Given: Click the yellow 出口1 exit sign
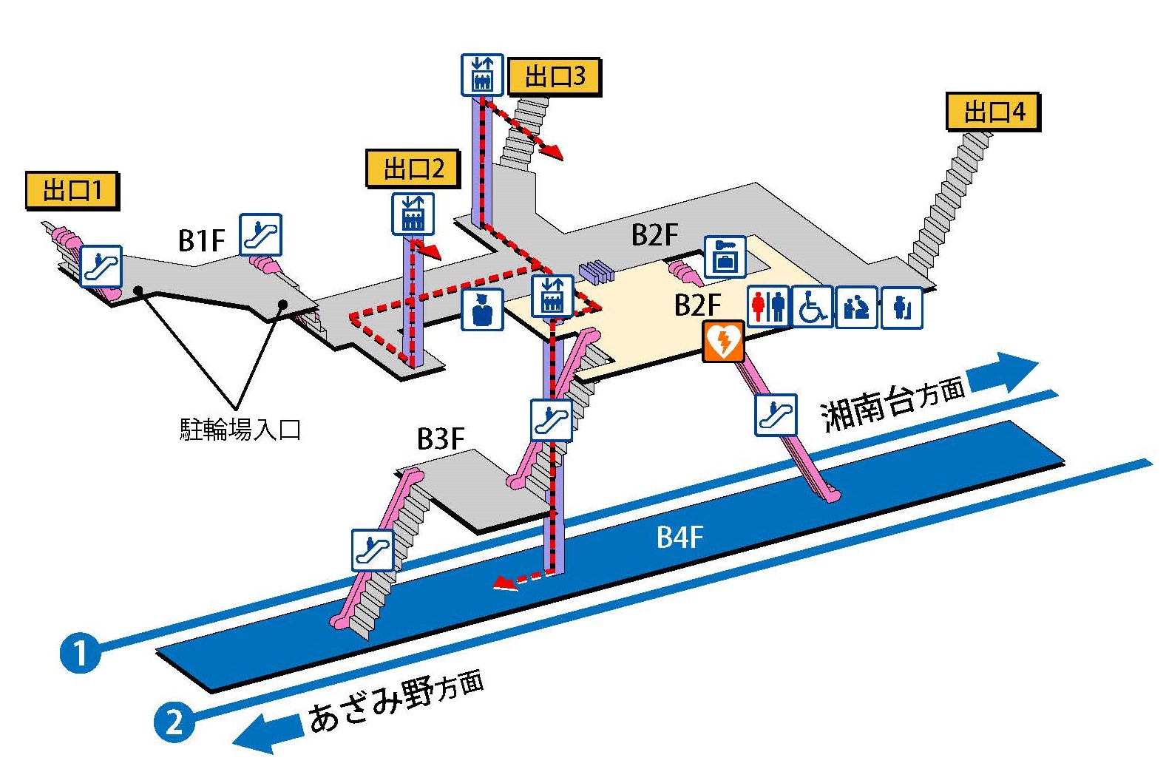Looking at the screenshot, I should coord(72,191).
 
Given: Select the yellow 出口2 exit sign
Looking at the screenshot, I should coord(413,169).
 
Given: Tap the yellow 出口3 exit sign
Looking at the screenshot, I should coord(554,76).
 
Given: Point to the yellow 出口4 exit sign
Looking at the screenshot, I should coord(993,112).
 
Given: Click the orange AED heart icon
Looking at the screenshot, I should coord(722,341).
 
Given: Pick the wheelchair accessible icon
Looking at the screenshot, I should coord(812,306).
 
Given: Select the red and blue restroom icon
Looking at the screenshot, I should coord(768,306).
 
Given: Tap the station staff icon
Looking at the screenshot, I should coord(483,308).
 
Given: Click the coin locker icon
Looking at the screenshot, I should coord(725,257).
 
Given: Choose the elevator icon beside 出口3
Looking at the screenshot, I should coord(482,75).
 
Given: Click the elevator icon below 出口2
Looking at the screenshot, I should coord(413,214).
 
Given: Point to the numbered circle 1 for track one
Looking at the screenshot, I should coord(80,652).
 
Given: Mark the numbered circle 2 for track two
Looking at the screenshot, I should coord(174,720).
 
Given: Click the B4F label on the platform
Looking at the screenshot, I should coord(679,538).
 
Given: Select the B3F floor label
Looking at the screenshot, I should coord(441,438).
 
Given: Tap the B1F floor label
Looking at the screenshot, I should coord(201,240).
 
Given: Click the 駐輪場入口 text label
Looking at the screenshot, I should coord(240,429).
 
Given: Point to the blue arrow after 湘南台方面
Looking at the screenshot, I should coord(1003,372).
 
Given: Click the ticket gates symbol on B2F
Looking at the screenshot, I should coord(597,271).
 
